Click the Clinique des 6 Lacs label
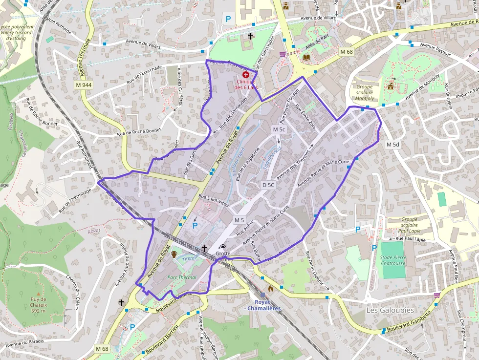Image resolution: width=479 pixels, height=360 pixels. pyautogui.click(x=245, y=85)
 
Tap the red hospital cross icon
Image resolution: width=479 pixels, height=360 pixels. pyautogui.click(x=245, y=75)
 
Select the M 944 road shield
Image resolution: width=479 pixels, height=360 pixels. pyautogui.click(x=84, y=85)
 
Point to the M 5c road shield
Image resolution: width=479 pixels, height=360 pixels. pyautogui.click(x=279, y=129)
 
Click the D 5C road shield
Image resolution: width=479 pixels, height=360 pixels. pyautogui.click(x=268, y=185)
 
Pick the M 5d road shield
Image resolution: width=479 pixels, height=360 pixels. pyautogui.click(x=392, y=145)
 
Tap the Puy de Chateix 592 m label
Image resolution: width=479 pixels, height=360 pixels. pyautogui.click(x=38, y=305)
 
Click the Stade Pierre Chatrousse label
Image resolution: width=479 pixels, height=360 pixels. pyautogui.click(x=393, y=260)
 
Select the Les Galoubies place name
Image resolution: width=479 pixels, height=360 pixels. pyautogui.click(x=390, y=310)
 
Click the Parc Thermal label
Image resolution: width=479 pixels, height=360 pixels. pyautogui.click(x=182, y=277)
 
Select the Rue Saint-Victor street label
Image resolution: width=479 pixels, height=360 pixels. pyautogui.click(x=214, y=201)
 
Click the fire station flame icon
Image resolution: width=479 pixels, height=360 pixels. pyautogui.click(x=271, y=289)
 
